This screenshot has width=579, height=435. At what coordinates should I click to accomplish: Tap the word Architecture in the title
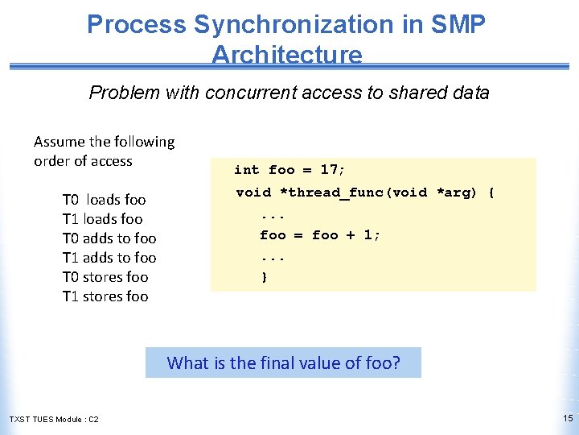pos(286,55)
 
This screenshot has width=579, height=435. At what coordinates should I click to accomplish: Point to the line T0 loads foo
pos(104,200)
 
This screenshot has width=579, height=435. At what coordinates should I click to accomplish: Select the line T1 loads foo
pos(102,219)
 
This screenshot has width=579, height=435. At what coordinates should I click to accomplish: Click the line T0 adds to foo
pos(109,238)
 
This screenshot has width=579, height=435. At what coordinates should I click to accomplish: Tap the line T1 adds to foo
pos(109,258)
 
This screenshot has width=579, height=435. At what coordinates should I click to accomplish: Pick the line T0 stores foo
pos(105,277)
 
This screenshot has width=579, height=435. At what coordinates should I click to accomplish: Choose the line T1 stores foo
pos(105,296)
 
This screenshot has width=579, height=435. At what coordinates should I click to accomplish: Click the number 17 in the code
pos(329,170)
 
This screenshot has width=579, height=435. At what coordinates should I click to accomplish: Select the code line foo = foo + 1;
pos(320,235)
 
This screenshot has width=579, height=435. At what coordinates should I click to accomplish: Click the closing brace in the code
pos(264,277)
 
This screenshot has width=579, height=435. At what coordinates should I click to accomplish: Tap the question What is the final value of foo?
pos(283,362)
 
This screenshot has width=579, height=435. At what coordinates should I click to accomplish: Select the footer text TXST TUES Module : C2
pos(54,420)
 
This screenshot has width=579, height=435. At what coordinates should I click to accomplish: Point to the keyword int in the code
pos(246,170)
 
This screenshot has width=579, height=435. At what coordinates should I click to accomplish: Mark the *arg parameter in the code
pos(456,193)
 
